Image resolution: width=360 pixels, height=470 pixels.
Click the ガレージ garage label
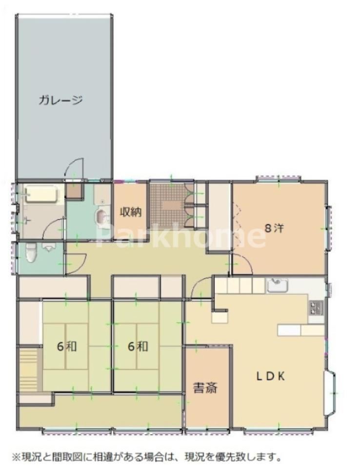(x=60, y=100)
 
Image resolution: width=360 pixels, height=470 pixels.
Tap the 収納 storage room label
(x=131, y=212)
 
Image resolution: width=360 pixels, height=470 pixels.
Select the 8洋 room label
(x=274, y=228)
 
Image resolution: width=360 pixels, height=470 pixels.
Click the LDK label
(x=271, y=376)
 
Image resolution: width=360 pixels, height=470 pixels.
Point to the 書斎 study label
(x=205, y=388)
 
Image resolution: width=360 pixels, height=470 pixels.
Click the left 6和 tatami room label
(x=67, y=347)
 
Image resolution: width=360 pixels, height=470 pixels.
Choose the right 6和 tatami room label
(x=138, y=347)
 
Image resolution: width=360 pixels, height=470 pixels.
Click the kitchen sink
(x=278, y=285)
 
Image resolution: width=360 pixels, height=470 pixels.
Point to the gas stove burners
(x=316, y=307)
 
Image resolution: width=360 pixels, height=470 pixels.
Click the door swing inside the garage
(x=74, y=169)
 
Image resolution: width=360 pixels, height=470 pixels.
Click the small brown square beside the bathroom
(x=74, y=191)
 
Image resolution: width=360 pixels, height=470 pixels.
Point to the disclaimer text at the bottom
(x=147, y=457)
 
